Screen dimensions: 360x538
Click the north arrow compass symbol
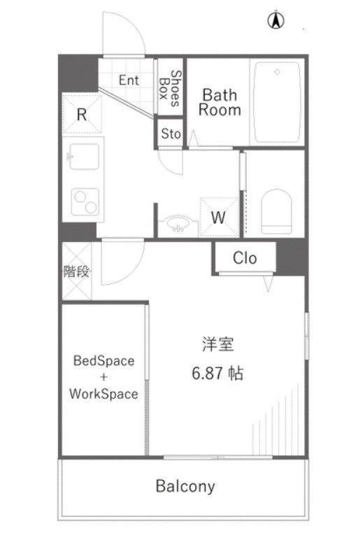tap(275, 21)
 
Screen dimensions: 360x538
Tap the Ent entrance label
tap(129, 80)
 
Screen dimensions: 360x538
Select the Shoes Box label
tap(171, 88)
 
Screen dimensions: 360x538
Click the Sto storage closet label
tap(171, 134)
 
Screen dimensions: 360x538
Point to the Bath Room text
tap(219, 102)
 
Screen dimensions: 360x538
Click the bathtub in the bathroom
tap(277, 102)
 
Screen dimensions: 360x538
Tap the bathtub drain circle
tap(277, 72)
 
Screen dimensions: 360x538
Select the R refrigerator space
tap(82, 114)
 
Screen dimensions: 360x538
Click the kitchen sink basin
tap(84, 156)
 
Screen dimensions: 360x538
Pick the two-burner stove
tap(85, 201)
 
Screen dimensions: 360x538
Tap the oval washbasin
tap(178, 222)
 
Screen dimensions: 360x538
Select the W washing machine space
tap(219, 217)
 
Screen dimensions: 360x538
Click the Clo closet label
tap(245, 258)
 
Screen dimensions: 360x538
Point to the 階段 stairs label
tap(76, 271)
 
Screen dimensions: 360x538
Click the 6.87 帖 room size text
tap(217, 373)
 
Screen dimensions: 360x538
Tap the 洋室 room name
tap(217, 344)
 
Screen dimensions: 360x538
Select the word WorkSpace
tap(103, 394)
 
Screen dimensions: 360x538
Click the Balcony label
tap(185, 486)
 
